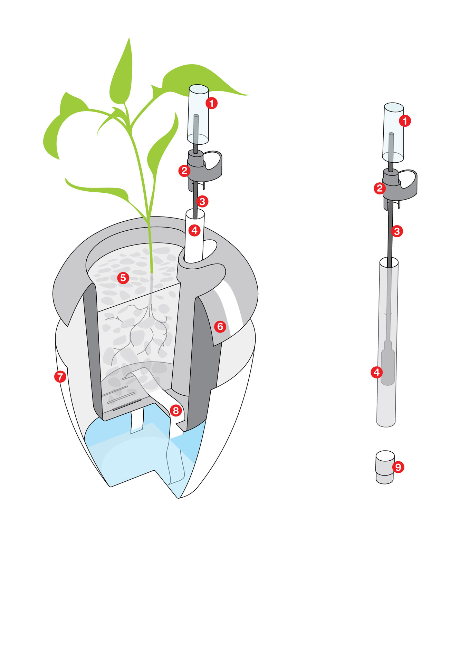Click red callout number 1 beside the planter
(211, 103)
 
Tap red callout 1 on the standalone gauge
(405, 121)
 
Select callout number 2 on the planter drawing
(184, 171)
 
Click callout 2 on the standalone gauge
(380, 188)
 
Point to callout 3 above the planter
(202, 201)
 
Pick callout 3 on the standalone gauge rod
(397, 231)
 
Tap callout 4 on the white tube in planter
(194, 230)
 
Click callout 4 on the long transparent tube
(376, 372)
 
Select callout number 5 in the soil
(123, 278)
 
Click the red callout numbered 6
(220, 326)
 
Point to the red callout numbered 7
(60, 376)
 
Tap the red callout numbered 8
(176, 411)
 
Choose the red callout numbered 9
(398, 467)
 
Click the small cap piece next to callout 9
(385, 467)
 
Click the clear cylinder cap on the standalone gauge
(393, 133)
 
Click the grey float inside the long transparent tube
(388, 363)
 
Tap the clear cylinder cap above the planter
(198, 114)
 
